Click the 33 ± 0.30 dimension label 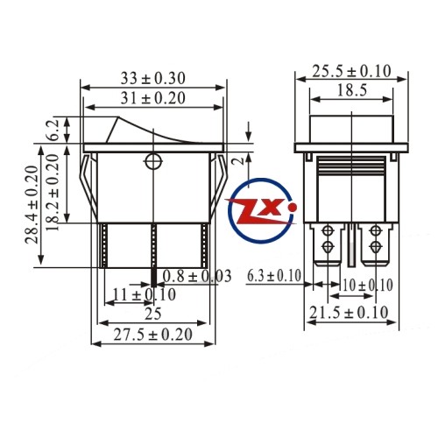point(153,79)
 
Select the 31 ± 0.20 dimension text point(153,98)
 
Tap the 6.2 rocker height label point(53,130)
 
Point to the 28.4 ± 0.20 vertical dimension point(32,205)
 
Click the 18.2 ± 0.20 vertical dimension point(53,193)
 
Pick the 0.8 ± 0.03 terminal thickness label point(197,276)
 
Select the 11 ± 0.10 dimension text point(145,294)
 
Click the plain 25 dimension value point(153,314)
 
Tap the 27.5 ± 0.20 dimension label point(153,335)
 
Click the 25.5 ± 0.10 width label point(351,72)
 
